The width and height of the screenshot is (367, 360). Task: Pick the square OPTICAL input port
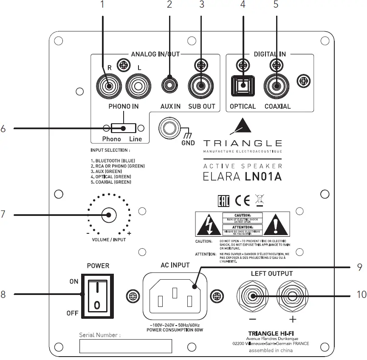point(242,86)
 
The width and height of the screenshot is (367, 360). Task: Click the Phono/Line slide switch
point(123,128)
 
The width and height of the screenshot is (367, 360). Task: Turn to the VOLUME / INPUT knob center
point(109,215)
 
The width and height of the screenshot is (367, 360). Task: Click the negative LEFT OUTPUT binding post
point(253,296)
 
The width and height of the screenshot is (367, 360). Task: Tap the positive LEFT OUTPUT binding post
point(292,296)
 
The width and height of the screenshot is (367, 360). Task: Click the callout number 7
point(3,215)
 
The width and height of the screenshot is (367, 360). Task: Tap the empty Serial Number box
point(126,346)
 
